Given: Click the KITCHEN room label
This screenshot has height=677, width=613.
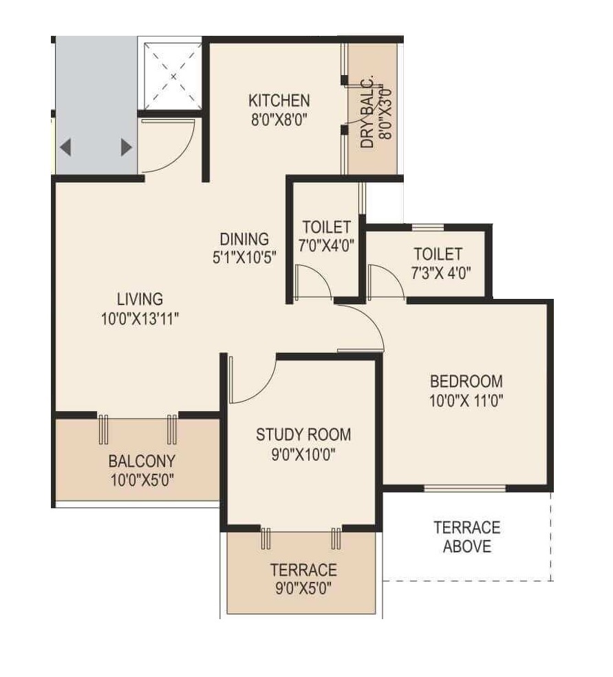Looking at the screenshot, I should click(x=279, y=101).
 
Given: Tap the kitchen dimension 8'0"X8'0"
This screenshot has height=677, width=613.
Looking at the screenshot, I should click(x=279, y=118).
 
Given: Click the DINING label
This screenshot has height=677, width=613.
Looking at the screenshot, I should click(x=244, y=239).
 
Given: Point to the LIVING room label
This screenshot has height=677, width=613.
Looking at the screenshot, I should click(x=140, y=299).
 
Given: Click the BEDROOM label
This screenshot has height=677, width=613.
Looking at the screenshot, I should click(x=466, y=381).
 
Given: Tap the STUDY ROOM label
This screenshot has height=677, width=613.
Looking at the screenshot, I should click(x=303, y=435).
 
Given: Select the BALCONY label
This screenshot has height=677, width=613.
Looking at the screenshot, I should click(x=141, y=460).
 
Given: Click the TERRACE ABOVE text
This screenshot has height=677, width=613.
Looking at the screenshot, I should click(x=466, y=537).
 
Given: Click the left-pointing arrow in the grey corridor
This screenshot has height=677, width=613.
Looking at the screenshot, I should click(x=66, y=147).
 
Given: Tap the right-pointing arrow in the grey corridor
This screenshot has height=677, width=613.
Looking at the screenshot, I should click(x=126, y=147).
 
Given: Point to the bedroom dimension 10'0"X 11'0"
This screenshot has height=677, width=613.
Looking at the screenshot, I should click(x=466, y=399).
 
